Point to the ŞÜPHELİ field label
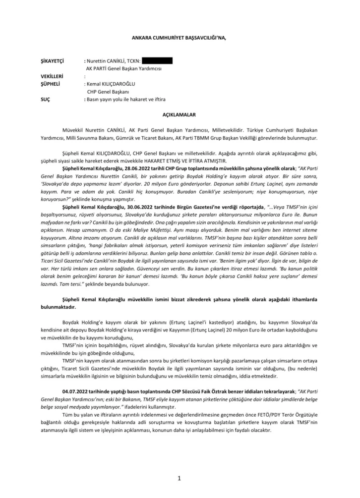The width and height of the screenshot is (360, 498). (x=51, y=84)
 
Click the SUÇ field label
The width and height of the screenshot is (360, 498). (x=45, y=99)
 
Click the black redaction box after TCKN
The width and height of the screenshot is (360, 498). (x=157, y=60)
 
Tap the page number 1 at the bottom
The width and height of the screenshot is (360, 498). (x=180, y=478)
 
